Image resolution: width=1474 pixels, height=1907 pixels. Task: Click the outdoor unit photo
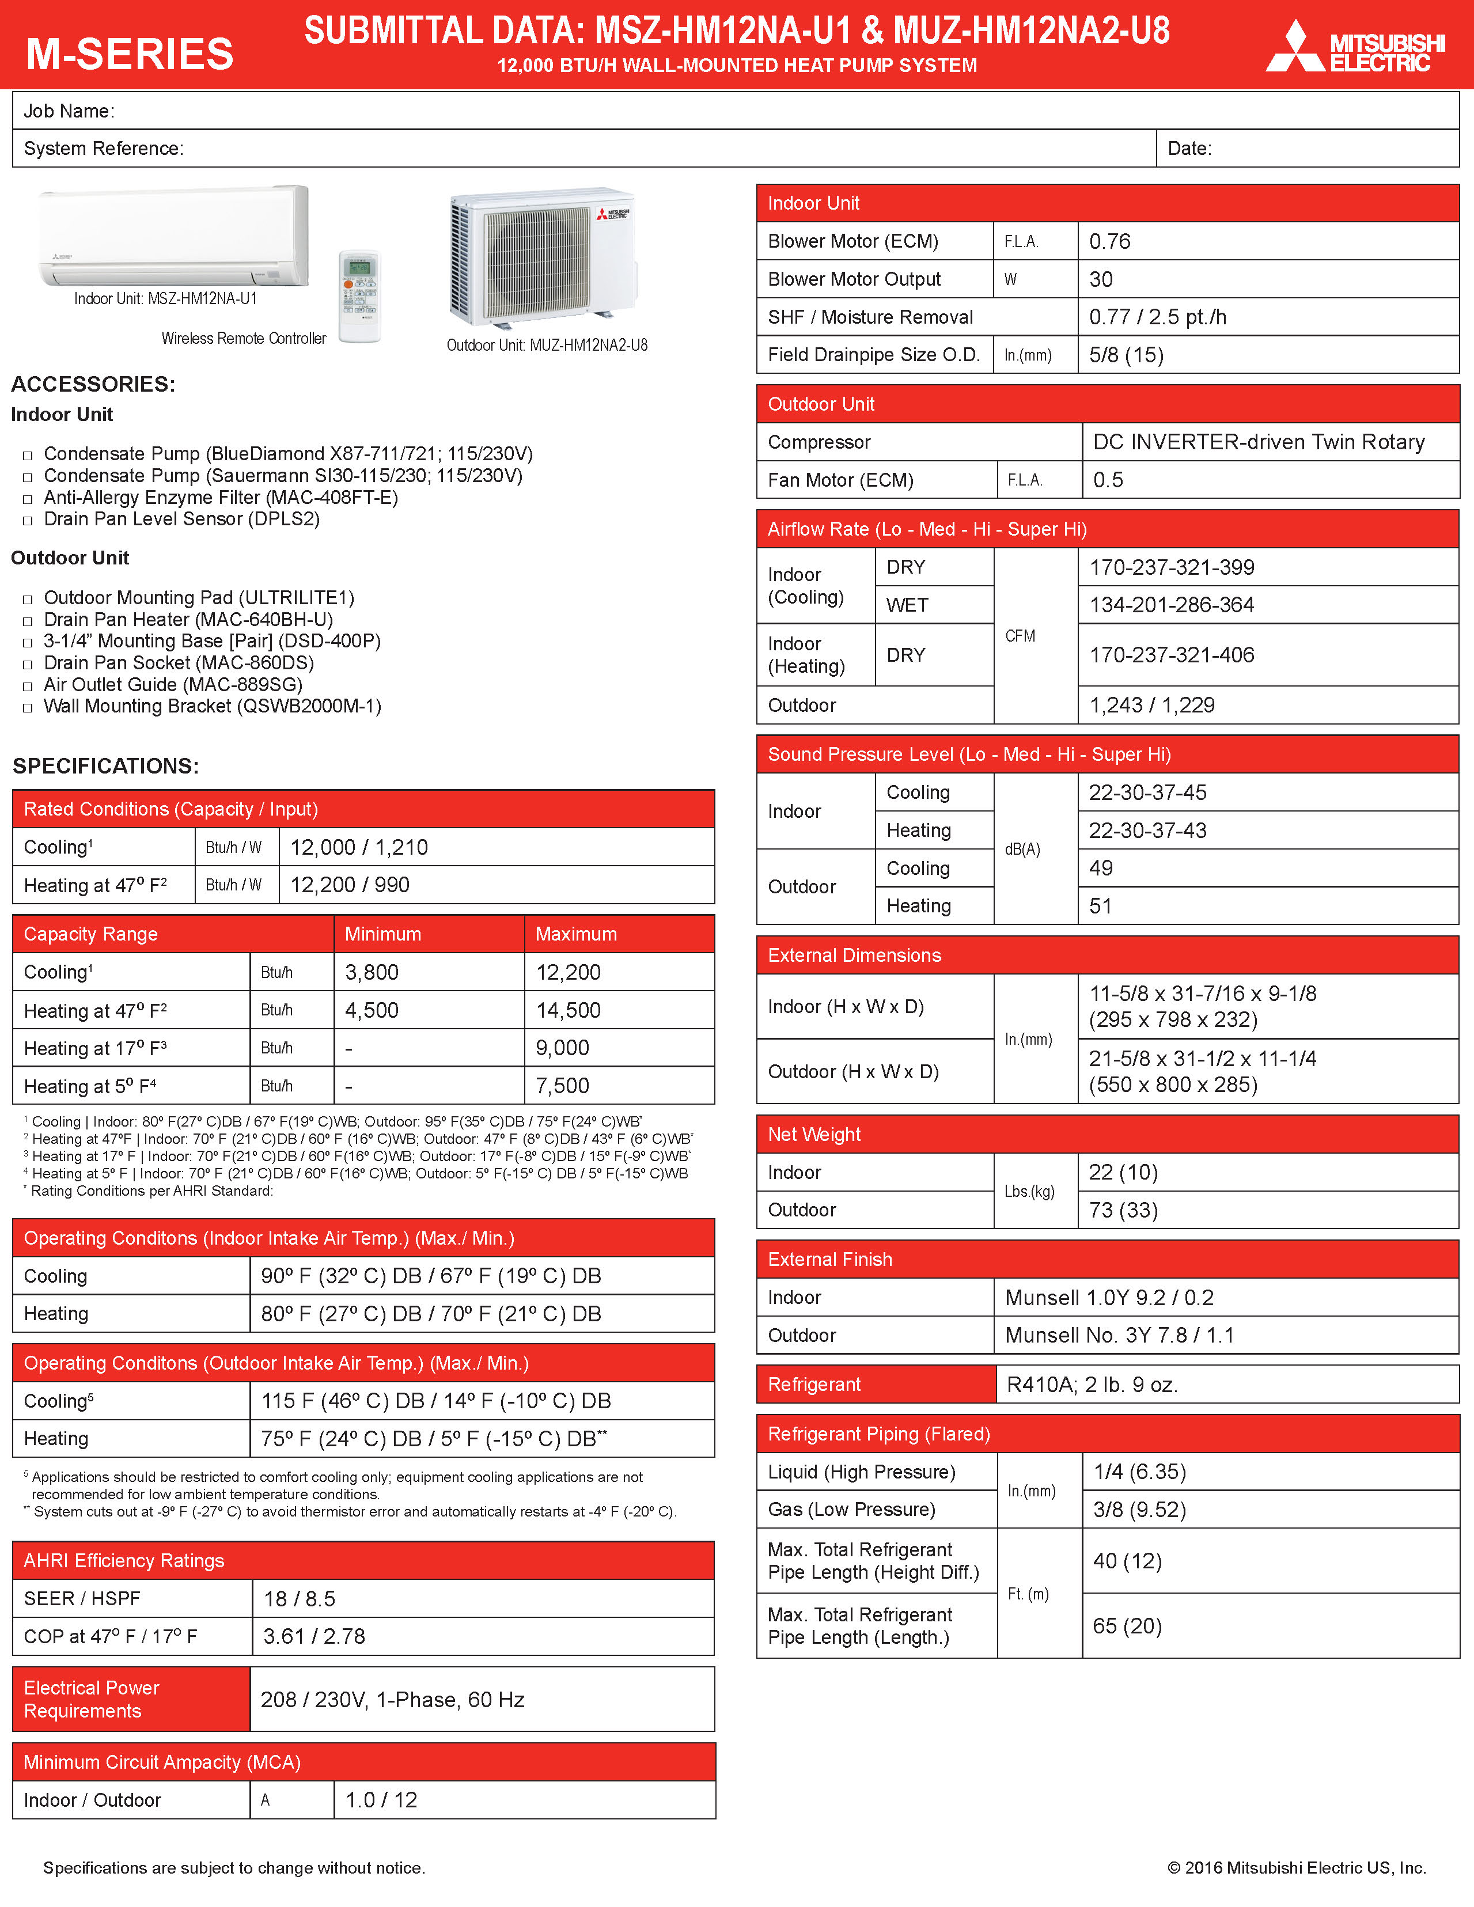click(x=542, y=257)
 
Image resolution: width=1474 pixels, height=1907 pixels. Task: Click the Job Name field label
click(x=69, y=111)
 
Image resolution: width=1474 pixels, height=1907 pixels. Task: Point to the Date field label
click(x=1189, y=149)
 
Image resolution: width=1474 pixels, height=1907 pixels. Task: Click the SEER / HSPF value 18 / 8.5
click(x=300, y=1599)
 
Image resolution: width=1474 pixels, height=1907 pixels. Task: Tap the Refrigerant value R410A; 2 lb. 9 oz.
click(x=1092, y=1385)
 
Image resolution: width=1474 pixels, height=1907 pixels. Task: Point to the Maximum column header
click(x=575, y=934)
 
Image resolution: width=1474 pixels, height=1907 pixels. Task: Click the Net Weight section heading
click(x=814, y=1134)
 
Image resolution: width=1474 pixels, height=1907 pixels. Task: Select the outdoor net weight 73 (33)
click(x=1123, y=1210)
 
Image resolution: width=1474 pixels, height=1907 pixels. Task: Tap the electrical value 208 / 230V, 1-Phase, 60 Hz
click(x=392, y=1699)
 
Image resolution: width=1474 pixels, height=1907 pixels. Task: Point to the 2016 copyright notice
click(x=1296, y=1868)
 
